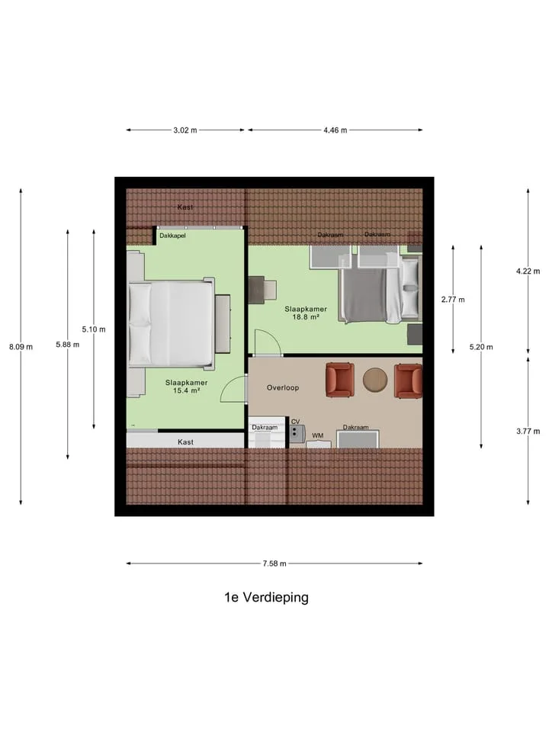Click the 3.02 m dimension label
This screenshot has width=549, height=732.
coord(185,130)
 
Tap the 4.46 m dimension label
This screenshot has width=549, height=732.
coord(335,130)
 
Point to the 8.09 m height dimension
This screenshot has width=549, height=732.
coord(21,347)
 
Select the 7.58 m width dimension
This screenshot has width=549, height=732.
coord(274,563)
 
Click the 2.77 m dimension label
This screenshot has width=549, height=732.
coord(453,300)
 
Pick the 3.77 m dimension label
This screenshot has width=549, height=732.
coord(528,432)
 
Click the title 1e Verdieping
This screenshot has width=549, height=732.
coord(267,598)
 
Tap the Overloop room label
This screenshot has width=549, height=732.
coord(283,387)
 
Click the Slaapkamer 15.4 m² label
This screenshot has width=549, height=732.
coord(186,387)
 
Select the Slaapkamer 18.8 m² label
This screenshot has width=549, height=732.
coord(306,313)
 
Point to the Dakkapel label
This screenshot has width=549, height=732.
coord(173,236)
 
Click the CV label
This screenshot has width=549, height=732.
coord(296,422)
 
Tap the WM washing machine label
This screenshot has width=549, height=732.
coord(317,435)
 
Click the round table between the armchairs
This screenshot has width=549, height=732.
coord(375,379)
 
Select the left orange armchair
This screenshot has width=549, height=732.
coord(339,380)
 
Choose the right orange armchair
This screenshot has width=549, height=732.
coord(409,381)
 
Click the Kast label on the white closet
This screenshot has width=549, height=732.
coord(185,442)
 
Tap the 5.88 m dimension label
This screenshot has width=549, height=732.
coord(68,345)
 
